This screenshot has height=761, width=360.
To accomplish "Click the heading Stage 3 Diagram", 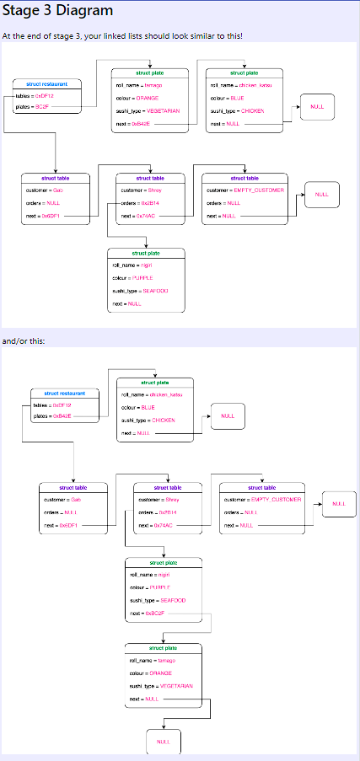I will tap(57, 11).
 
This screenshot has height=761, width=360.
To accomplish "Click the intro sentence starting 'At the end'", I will tap(122, 36).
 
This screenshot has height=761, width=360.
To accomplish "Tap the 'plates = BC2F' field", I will tap(33, 107).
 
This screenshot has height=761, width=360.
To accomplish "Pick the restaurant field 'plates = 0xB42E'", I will tap(52, 416).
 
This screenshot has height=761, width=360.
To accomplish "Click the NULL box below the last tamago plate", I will tap(164, 742).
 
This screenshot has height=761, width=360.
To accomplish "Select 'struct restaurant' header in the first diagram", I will tap(46, 84).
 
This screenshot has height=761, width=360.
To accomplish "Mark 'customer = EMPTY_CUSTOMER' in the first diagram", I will tap(245, 190).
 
